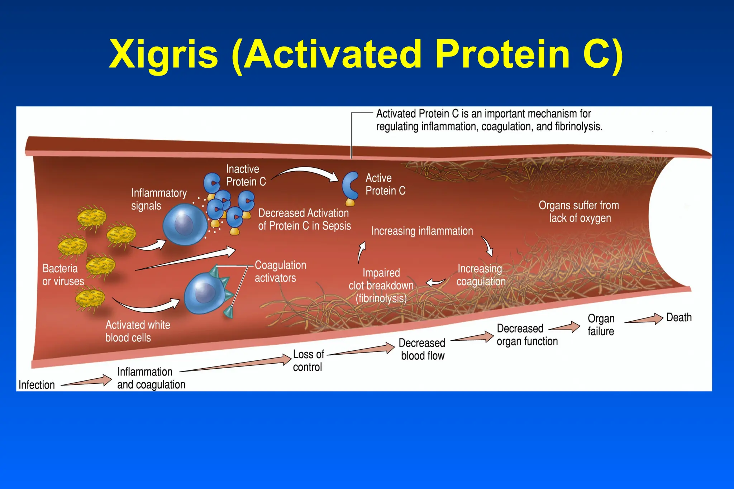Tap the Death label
coord(678,317)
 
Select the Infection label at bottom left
coord(37,385)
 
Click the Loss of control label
coord(308,361)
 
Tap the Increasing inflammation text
coord(422,231)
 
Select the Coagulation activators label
coord(280,272)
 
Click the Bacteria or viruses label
coord(63,275)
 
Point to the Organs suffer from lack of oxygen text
coord(579,212)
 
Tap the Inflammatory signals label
coord(158,199)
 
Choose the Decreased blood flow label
coord(422,349)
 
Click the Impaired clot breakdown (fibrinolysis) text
coord(381,286)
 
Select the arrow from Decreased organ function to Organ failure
coord(565,327)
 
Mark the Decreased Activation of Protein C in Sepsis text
coord(304,220)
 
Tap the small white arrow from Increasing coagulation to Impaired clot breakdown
coord(435,282)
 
